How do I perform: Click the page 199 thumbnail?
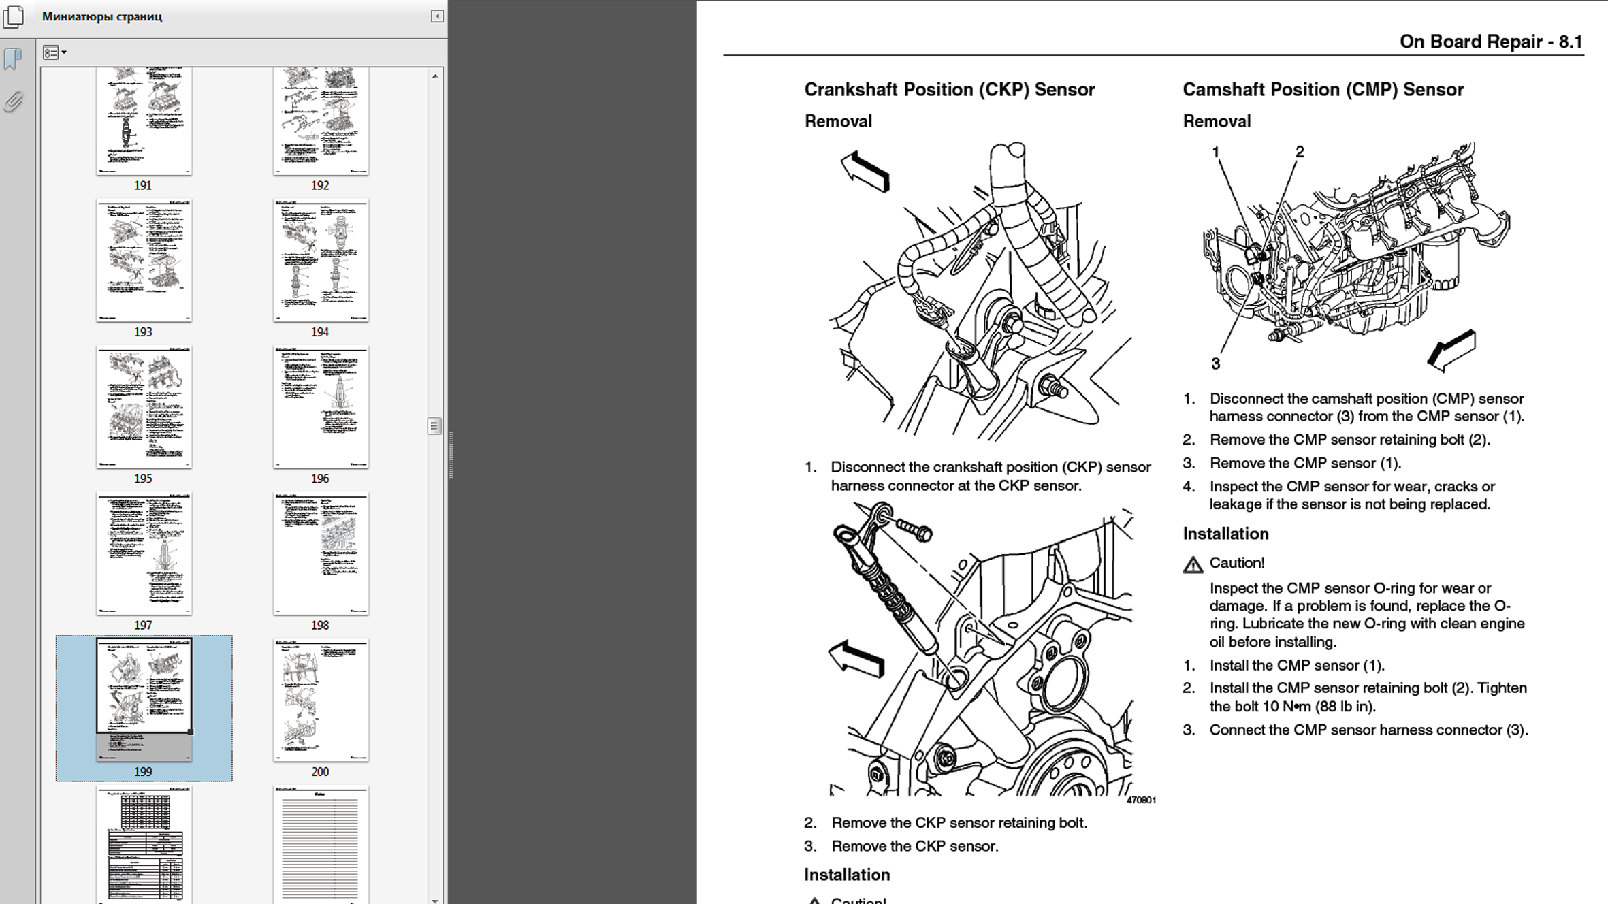click(x=144, y=697)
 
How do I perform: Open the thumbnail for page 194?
click(x=321, y=260)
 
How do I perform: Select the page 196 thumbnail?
click(x=321, y=406)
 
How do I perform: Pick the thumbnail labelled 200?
click(x=321, y=700)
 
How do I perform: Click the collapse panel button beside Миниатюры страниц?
click(x=437, y=16)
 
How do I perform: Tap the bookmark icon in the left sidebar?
click(x=12, y=59)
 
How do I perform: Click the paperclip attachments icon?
click(x=12, y=102)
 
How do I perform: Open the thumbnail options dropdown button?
click(x=54, y=52)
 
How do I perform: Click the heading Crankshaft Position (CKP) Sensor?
click(x=949, y=90)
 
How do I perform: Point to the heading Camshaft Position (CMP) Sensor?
click(x=1323, y=90)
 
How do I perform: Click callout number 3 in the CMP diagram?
click(x=1215, y=364)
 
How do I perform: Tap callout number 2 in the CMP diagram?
click(x=1300, y=152)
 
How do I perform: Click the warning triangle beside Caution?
click(x=1193, y=565)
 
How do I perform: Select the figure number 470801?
click(x=1141, y=801)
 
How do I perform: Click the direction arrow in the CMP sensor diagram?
click(x=1452, y=350)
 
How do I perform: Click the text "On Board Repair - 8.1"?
click(x=1491, y=42)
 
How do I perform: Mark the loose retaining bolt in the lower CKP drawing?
click(x=914, y=529)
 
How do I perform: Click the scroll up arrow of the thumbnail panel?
click(x=435, y=76)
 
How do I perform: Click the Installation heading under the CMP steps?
click(x=1225, y=534)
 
